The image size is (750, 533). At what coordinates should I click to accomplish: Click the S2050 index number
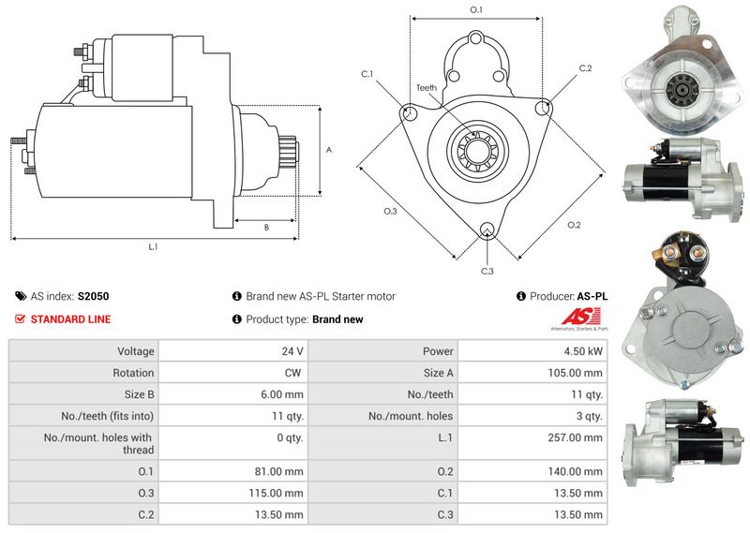click(x=93, y=296)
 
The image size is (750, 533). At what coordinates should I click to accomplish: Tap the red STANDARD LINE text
click(x=70, y=319)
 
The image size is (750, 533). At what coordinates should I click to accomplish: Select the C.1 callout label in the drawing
click(x=367, y=74)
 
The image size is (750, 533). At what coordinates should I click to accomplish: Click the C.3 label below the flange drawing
click(x=487, y=271)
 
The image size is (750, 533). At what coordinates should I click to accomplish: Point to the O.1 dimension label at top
click(x=475, y=10)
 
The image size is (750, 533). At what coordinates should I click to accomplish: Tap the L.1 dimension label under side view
click(x=153, y=247)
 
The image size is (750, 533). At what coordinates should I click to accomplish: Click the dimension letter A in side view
click(x=327, y=150)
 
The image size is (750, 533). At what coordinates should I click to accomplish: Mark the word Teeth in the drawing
click(x=427, y=87)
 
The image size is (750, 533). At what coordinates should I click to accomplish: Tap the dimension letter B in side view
click(x=266, y=227)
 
